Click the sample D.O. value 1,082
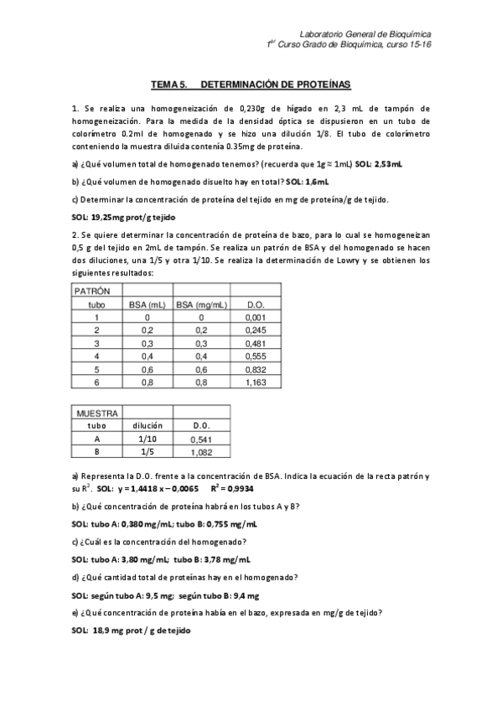(x=201, y=452)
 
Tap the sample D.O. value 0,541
(x=201, y=439)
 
